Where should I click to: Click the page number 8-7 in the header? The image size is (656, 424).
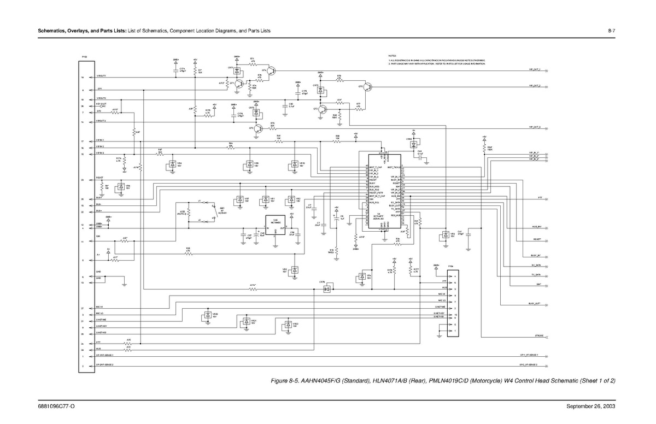pos(612,30)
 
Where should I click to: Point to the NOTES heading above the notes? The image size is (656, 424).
pos(392,56)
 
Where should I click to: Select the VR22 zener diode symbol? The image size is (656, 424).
pos(287,325)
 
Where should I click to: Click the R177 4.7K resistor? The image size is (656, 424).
pos(410,271)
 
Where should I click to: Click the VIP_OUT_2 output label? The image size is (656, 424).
pos(535,86)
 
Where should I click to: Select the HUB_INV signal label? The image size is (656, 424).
pos(536,226)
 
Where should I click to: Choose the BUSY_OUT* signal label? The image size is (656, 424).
pos(534,303)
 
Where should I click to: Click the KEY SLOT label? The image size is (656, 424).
pos(102,103)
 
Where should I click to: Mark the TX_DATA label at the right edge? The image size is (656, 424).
pos(536,275)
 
